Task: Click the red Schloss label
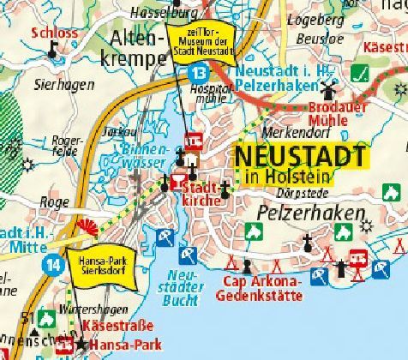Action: (x=53, y=34)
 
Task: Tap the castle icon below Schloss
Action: (x=52, y=51)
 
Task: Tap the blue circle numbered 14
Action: (x=55, y=262)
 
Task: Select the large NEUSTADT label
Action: (x=299, y=157)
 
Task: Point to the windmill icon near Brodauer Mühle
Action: (x=327, y=90)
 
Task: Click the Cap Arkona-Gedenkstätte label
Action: (x=261, y=288)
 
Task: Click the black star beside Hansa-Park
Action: (x=81, y=344)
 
